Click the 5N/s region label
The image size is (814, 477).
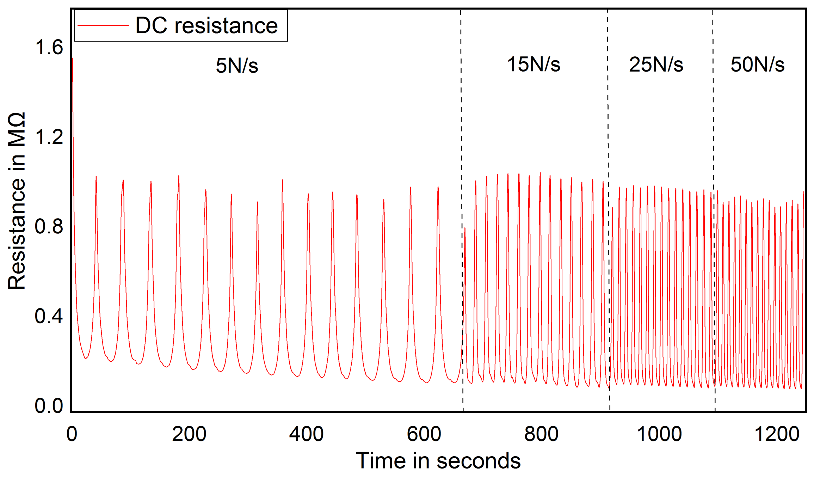(237, 66)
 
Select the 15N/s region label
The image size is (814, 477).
(533, 64)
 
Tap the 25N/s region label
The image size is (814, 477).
(656, 65)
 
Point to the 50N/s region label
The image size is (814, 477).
(757, 65)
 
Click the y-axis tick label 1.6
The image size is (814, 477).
(49, 47)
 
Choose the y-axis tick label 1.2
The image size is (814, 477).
(49, 136)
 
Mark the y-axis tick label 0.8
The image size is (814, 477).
(49, 226)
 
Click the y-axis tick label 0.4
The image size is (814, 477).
(49, 316)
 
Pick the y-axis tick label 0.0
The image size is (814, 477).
(49, 406)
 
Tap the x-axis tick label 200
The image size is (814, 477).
(189, 434)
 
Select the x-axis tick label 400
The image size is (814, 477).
(306, 434)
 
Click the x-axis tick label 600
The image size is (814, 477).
(424, 434)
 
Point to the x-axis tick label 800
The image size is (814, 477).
(541, 434)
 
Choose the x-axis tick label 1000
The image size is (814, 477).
(659, 434)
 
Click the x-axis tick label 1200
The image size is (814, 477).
(777, 434)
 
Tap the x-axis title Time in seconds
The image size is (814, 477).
(438, 460)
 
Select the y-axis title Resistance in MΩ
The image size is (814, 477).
(17, 201)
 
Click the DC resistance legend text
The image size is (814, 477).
(206, 25)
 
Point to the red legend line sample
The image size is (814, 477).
(103, 25)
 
